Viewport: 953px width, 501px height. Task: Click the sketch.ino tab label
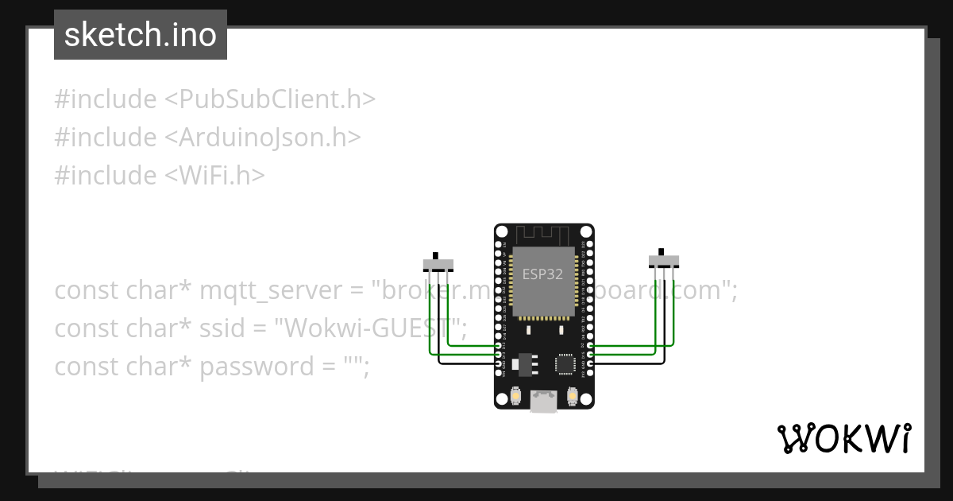tap(140, 35)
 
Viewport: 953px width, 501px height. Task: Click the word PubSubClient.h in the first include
tap(269, 99)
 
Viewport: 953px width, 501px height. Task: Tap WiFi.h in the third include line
tap(214, 176)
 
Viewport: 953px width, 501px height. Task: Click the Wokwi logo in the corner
tap(843, 438)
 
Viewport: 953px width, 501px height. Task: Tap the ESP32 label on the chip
tap(542, 274)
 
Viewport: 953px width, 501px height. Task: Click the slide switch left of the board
tap(438, 264)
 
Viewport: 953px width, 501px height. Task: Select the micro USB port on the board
tap(543, 401)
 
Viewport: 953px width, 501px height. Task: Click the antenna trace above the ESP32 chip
tap(543, 235)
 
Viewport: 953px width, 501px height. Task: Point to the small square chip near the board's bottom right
tap(565, 363)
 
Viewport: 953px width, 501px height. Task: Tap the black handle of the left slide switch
tap(434, 255)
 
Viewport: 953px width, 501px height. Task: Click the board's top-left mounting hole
tap(501, 231)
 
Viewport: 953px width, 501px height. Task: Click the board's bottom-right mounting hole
tap(585, 401)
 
